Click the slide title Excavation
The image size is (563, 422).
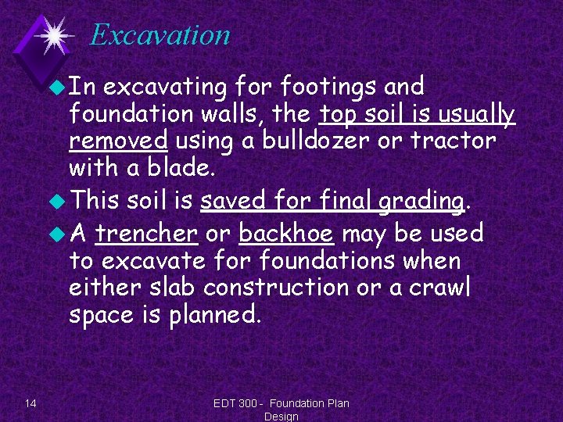(x=160, y=35)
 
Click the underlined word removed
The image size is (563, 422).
(x=119, y=141)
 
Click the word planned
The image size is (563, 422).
(x=217, y=315)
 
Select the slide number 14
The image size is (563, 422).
(x=30, y=403)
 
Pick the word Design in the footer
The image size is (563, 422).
(x=281, y=417)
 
